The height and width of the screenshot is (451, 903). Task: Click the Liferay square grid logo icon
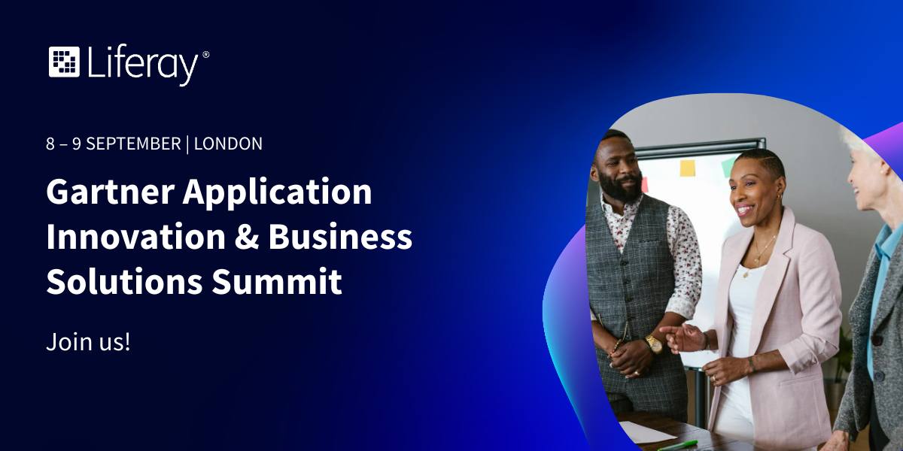pyautogui.click(x=64, y=62)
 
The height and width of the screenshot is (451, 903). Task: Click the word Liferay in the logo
pyautogui.click(x=143, y=65)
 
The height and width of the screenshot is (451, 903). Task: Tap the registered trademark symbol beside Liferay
pyautogui.click(x=205, y=54)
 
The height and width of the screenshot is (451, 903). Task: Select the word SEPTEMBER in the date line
pyautogui.click(x=133, y=144)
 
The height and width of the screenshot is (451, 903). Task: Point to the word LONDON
pyautogui.click(x=228, y=144)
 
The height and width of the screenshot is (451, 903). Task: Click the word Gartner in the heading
pyautogui.click(x=111, y=192)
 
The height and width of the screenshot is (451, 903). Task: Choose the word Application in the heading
pyautogui.click(x=278, y=193)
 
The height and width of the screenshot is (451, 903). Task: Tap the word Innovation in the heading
pyautogui.click(x=136, y=237)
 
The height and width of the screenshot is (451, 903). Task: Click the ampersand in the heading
pyautogui.click(x=247, y=237)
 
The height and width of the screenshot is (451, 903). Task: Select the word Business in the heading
pyautogui.click(x=340, y=237)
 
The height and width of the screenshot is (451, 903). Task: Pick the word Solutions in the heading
pyautogui.click(x=125, y=281)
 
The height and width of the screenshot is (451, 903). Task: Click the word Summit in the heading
pyautogui.click(x=277, y=281)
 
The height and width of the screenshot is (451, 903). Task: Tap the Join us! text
pyautogui.click(x=88, y=341)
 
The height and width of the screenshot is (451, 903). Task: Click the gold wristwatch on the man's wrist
pyautogui.click(x=653, y=344)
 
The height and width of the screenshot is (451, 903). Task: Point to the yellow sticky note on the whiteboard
pyautogui.click(x=687, y=168)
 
